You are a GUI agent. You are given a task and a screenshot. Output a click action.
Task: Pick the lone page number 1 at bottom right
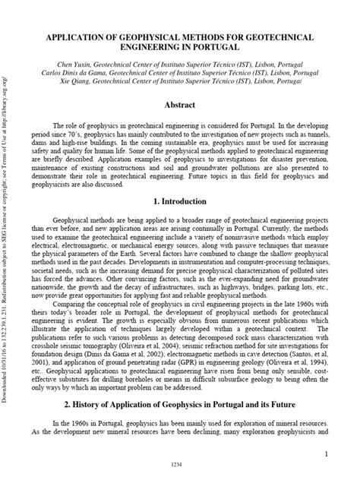[324, 454]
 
